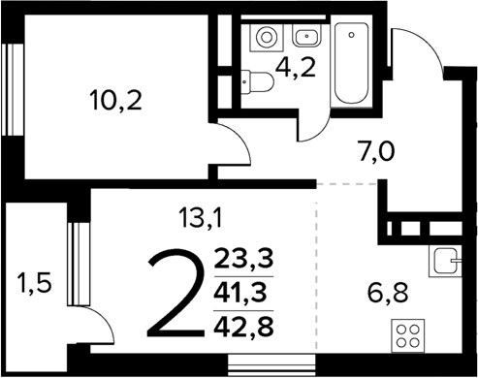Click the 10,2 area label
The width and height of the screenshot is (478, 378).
114,99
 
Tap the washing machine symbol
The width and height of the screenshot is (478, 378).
265,38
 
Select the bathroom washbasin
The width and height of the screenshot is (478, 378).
305,37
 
